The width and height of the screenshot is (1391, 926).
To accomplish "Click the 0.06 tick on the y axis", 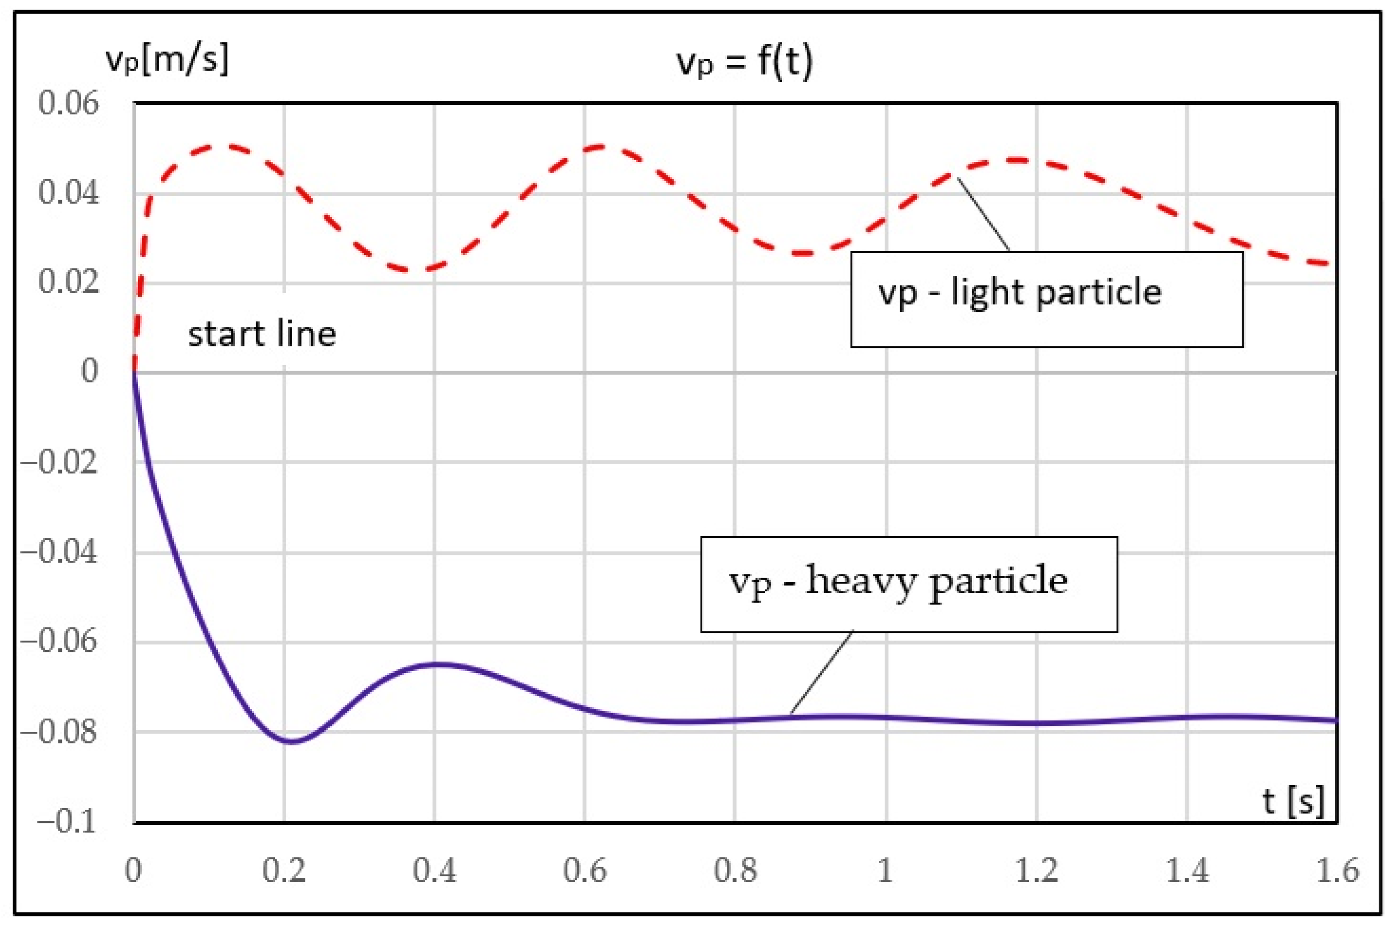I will pos(68,103).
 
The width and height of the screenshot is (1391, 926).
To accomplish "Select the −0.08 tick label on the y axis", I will pos(59,732).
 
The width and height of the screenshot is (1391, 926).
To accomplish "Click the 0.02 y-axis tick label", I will pos(68,282).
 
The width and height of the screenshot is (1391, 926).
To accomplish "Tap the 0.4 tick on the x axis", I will pos(434,870).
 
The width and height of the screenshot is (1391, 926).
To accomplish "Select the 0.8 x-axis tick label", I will pos(735,870).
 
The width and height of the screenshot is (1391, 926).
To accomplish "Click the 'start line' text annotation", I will pos(262,334).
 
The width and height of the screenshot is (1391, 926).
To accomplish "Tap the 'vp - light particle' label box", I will pos(1046,300).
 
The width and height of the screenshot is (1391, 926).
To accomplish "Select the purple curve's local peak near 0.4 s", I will pos(440,664).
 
